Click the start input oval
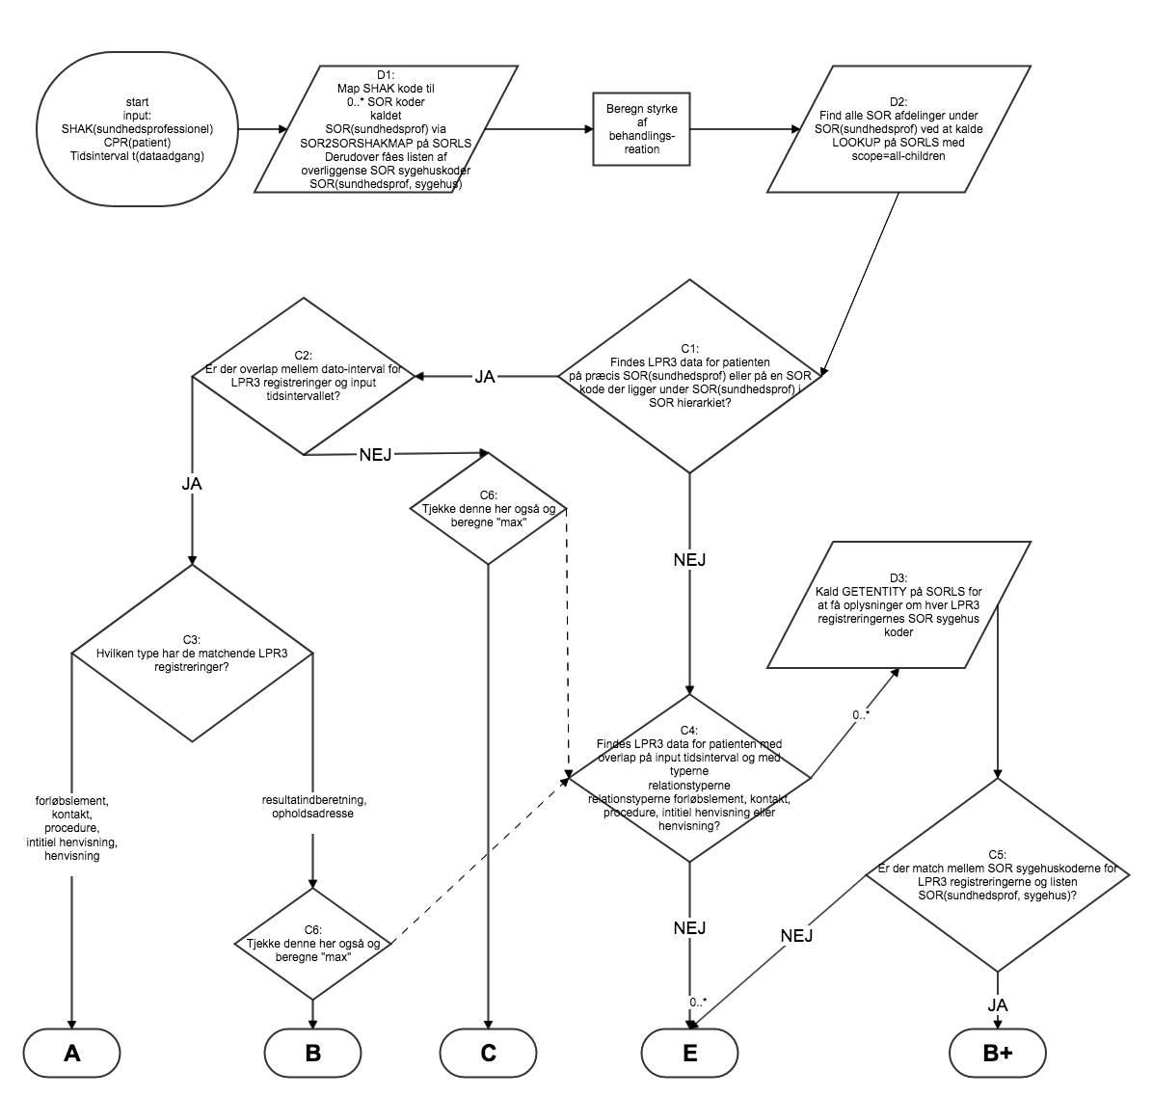137,128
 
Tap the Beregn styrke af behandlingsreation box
633,128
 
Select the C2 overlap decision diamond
304,376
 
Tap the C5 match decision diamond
998,874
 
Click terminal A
71,1054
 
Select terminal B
312,1054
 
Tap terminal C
489,1054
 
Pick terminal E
689,1054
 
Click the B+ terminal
998,1054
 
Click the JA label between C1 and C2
485,377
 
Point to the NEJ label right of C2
375,454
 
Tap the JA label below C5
998,1004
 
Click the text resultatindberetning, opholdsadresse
313,806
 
